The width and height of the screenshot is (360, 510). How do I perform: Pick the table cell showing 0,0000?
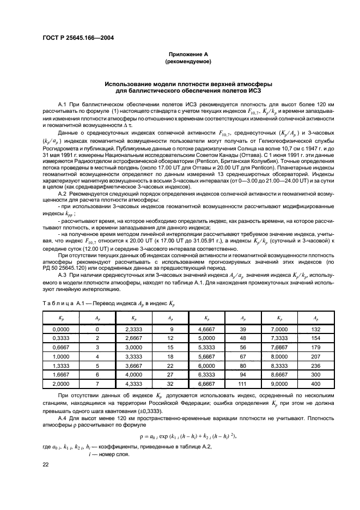coord(58,329)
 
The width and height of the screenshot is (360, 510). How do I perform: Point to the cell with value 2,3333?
coord(132,329)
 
